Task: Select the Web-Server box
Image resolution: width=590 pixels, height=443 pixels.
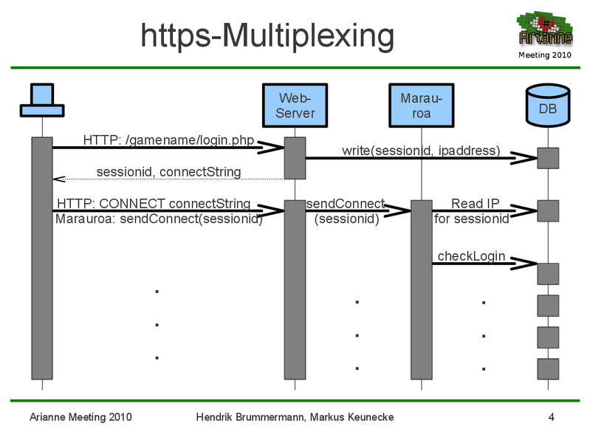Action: click(x=295, y=106)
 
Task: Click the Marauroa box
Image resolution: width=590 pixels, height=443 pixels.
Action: click(x=421, y=106)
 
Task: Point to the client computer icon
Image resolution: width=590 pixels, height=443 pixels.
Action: click(x=41, y=100)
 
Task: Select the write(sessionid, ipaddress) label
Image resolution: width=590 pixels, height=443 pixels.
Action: click(x=421, y=151)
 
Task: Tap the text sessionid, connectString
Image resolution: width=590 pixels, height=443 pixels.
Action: click(x=168, y=172)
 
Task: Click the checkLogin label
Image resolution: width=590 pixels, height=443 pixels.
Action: click(x=471, y=256)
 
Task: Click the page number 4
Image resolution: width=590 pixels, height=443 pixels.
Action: click(x=552, y=417)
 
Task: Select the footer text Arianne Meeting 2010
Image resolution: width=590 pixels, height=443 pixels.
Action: click(x=80, y=417)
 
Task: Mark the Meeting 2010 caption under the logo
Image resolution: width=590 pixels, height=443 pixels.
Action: click(x=545, y=55)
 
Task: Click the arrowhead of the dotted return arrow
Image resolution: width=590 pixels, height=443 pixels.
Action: click(x=58, y=179)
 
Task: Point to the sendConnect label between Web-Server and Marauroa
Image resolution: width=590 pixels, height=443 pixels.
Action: click(x=346, y=204)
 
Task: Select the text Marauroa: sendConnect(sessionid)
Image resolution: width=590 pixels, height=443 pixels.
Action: click(x=158, y=219)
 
